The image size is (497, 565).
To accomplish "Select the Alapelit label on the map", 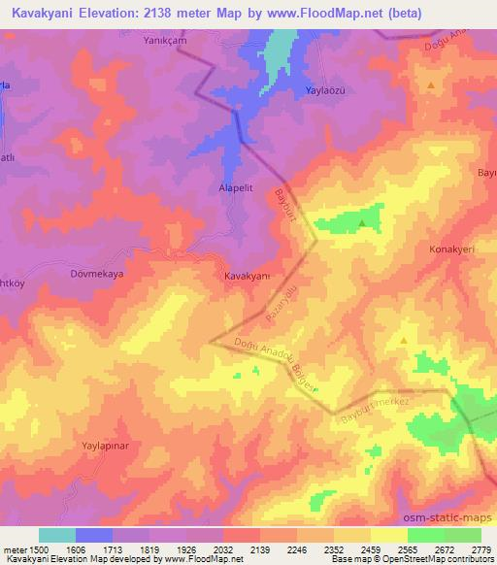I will pyautogui.click(x=235, y=191).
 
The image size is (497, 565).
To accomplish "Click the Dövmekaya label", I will pyautogui.click(x=97, y=275).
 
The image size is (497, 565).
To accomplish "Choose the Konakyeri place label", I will pyautogui.click(x=451, y=249).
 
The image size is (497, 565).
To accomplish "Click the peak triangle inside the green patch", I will pyautogui.click(x=362, y=223).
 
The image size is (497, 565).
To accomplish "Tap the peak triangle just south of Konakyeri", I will pyautogui.click(x=403, y=341).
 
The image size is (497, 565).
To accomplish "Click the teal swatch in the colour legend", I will pyautogui.click(x=57, y=535).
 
